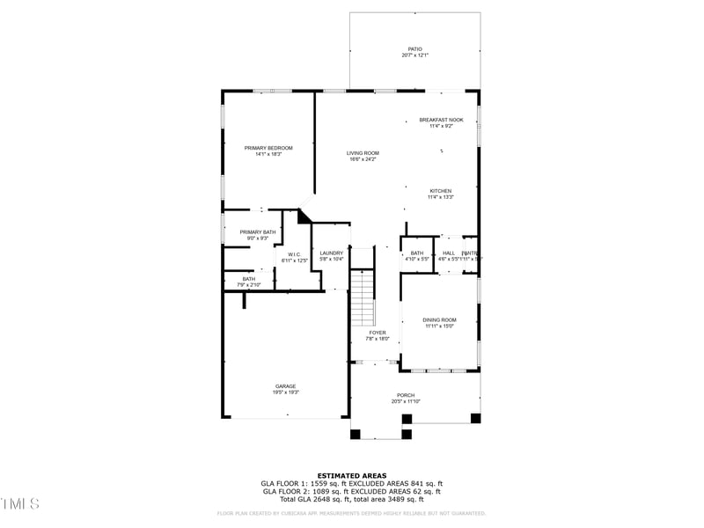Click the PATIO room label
[x=414, y=49]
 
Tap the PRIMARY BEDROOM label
[x=268, y=148]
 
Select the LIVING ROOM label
[x=362, y=153]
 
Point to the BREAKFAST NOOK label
[x=441, y=120]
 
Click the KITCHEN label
[x=440, y=191]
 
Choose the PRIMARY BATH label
[x=257, y=231]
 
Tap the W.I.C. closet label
[x=294, y=254]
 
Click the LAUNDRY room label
[x=331, y=253]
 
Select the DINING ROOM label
[x=439, y=319]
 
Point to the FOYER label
[x=377, y=333]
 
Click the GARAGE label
[x=285, y=385]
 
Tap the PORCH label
[x=406, y=395]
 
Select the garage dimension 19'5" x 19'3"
[x=285, y=392]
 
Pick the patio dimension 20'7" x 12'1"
[x=414, y=55]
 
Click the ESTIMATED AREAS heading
[x=351, y=475]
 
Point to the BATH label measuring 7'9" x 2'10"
[x=249, y=279]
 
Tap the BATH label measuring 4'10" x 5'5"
[x=416, y=253]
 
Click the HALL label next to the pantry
[x=449, y=253]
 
